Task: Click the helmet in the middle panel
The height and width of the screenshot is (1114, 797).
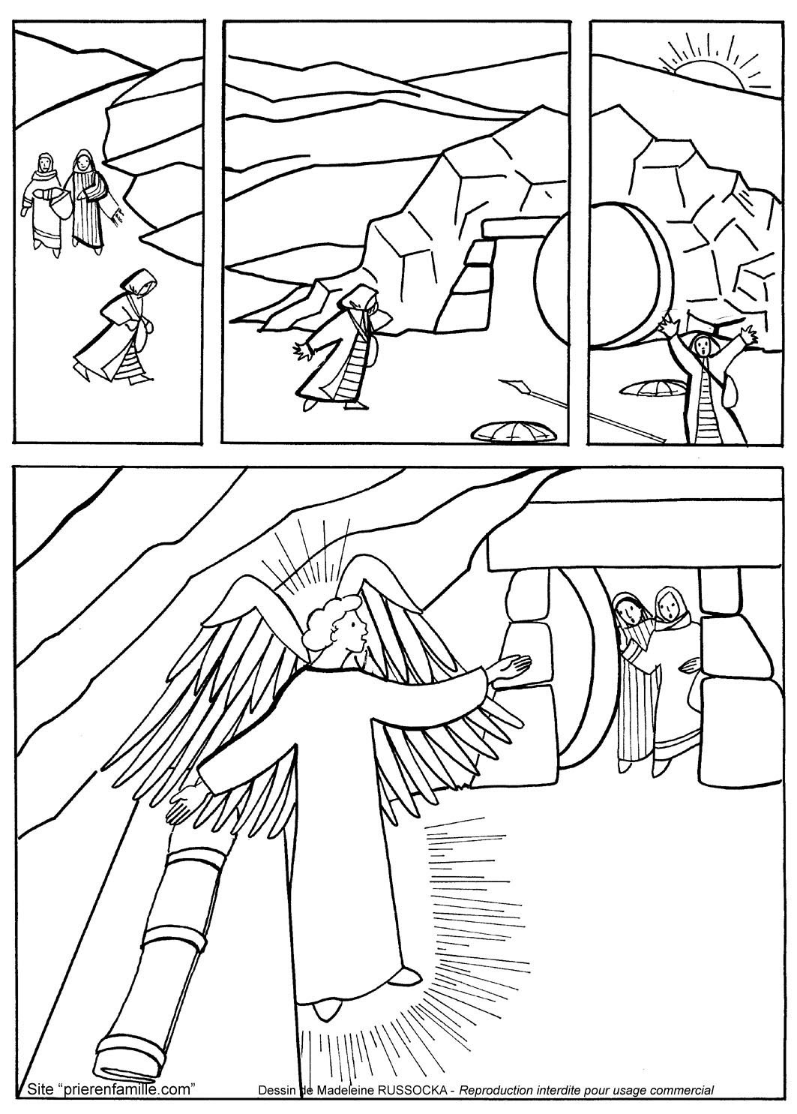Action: pos(511,431)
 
